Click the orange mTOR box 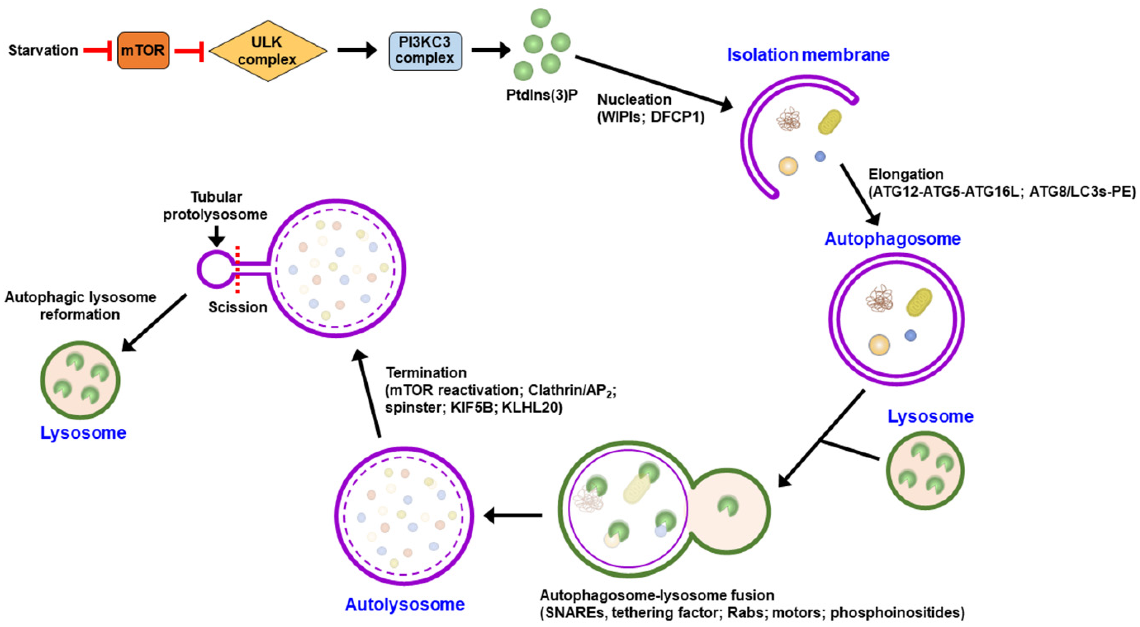point(143,51)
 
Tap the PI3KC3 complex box point(425,51)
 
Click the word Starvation point(43,51)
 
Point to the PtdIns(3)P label point(542,95)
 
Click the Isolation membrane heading point(808,55)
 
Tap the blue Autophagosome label point(893,239)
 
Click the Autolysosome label point(405,604)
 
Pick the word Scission point(238,307)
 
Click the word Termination point(426,373)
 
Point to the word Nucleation point(634,100)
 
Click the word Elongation point(905,175)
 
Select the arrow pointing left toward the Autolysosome point(513,515)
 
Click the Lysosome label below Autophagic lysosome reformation point(83,433)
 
